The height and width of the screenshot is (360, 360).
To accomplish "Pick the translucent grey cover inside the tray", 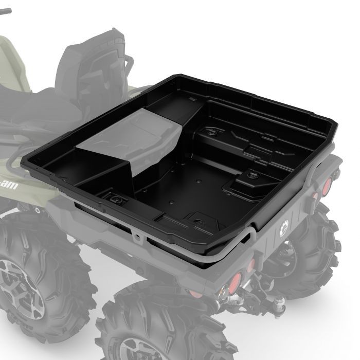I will (x=134, y=139).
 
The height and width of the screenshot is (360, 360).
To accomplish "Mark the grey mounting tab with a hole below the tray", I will (x=137, y=237).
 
